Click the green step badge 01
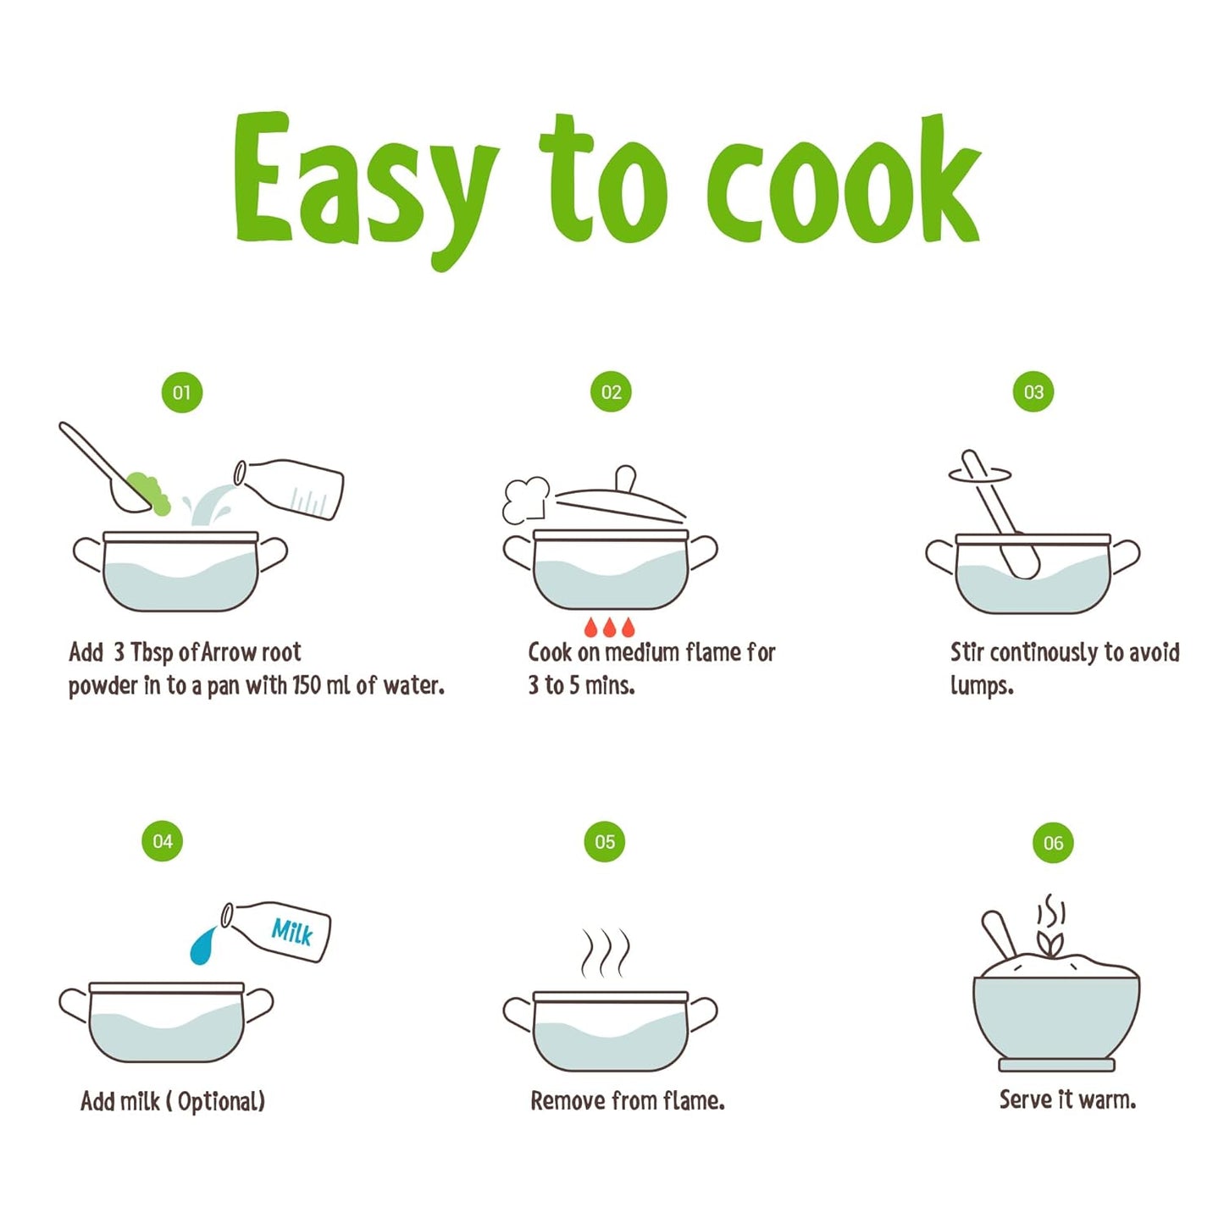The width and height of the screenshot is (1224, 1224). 181,392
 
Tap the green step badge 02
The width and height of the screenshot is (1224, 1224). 611,391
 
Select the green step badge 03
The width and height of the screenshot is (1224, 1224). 1033,391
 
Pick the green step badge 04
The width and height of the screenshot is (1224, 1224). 162,841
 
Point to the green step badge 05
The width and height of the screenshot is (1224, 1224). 605,842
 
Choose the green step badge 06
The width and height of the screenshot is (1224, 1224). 1053,842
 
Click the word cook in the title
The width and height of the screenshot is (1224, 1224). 845,180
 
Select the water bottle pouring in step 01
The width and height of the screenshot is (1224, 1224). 289,489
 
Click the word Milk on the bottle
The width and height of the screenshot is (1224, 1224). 291,933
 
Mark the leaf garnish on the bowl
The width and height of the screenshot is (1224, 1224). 1050,944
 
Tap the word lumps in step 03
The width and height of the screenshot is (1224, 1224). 982,687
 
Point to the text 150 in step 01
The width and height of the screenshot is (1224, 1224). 307,684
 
